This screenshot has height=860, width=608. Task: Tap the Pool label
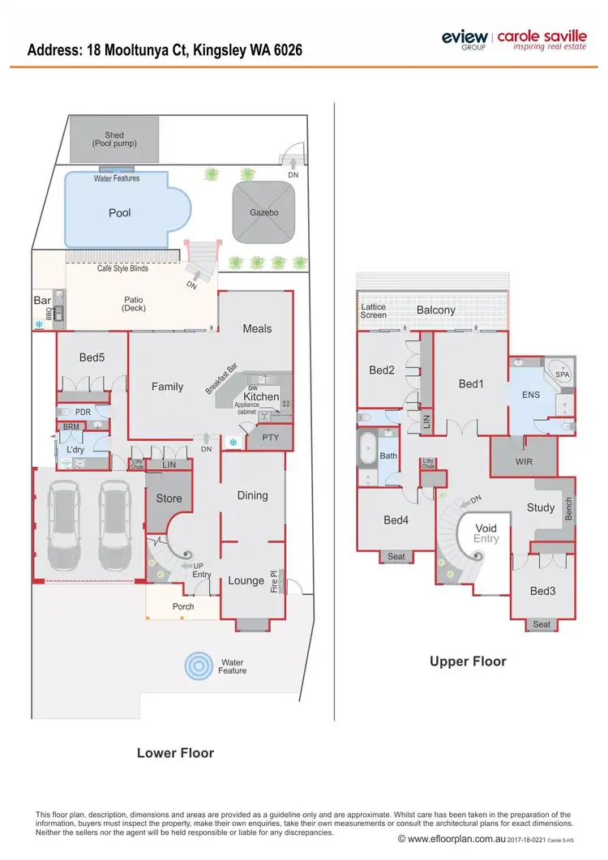(120, 213)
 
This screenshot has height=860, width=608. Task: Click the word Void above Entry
(486, 528)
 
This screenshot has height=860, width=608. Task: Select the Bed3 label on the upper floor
(542, 591)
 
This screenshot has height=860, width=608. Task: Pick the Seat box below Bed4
(396, 556)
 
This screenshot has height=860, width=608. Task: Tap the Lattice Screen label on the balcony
(374, 310)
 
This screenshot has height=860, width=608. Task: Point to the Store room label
(169, 498)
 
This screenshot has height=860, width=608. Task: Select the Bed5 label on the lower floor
(92, 357)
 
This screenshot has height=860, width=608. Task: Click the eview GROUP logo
(465, 38)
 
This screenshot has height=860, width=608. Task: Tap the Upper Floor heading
(468, 661)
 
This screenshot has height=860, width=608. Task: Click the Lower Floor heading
(175, 753)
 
